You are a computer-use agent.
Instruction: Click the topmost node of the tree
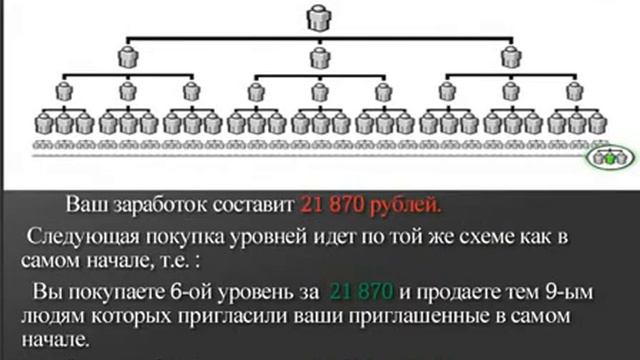tap(321, 18)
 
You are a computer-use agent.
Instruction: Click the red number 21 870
tap(335, 206)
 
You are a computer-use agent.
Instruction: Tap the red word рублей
tap(406, 206)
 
